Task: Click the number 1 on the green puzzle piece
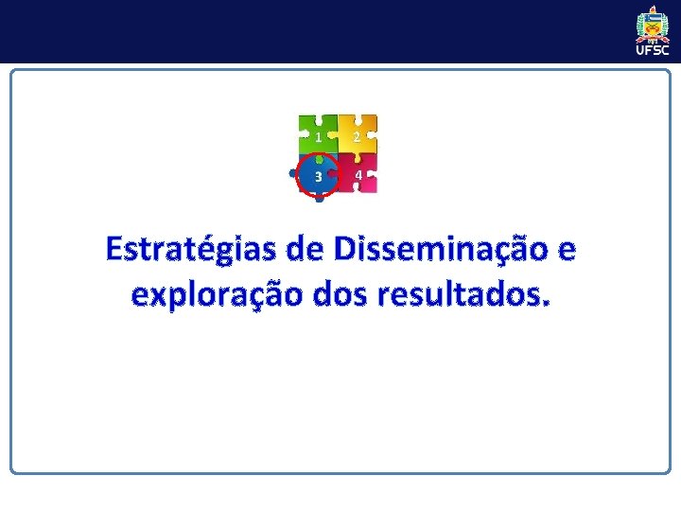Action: pyautogui.click(x=319, y=137)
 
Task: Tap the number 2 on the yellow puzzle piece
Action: pyautogui.click(x=357, y=137)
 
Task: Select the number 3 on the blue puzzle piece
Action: pyautogui.click(x=319, y=177)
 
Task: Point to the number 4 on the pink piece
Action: pyautogui.click(x=358, y=176)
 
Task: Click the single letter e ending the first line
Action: pyautogui.click(x=566, y=253)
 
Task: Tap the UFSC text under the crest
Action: pyautogui.click(x=653, y=51)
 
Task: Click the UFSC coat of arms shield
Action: pyautogui.click(x=653, y=26)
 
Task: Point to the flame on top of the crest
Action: pyautogui.click(x=653, y=9)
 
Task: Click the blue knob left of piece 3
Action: pyautogui.click(x=293, y=174)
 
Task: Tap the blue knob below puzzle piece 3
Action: pyautogui.click(x=320, y=198)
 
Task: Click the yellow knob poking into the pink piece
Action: pyautogui.click(x=358, y=158)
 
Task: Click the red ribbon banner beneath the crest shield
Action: pyautogui.click(x=653, y=40)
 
